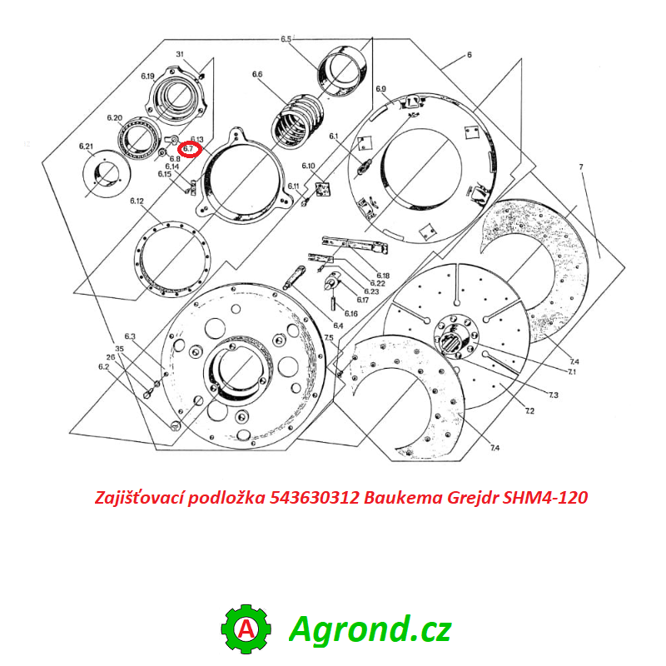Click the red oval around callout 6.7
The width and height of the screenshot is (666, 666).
[190, 149]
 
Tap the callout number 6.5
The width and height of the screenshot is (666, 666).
[286, 39]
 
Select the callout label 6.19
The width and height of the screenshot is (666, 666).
[148, 77]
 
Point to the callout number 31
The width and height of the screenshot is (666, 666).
[179, 54]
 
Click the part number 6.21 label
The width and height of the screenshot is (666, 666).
[87, 147]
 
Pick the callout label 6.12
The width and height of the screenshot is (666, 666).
[137, 201]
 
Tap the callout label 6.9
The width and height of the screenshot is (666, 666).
[381, 89]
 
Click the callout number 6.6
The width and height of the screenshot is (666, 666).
[257, 75]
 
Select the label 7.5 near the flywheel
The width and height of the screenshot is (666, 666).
[329, 337]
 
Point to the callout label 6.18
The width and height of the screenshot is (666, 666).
[383, 276]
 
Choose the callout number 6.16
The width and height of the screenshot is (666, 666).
[351, 312]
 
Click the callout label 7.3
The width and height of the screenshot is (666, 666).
[554, 393]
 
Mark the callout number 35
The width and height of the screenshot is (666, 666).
[119, 348]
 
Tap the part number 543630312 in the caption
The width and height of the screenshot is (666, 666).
[316, 498]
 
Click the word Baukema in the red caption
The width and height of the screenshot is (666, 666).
[399, 498]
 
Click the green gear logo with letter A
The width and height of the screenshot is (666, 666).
[246, 629]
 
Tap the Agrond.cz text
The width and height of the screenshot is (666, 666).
[370, 629]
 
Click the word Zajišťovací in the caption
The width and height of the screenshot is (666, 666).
[138, 498]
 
